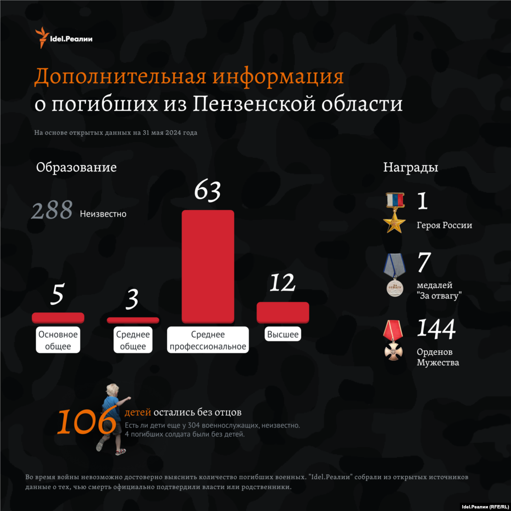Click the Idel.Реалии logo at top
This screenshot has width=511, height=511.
pyautogui.click(x=63, y=38)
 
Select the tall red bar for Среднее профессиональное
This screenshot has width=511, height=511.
pyautogui.click(x=208, y=267)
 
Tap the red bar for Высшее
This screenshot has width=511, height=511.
pyautogui.click(x=283, y=312)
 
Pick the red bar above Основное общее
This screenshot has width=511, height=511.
pyautogui.click(x=58, y=318)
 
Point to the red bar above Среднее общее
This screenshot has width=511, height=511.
pyautogui.click(x=133, y=320)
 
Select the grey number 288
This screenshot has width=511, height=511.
pyautogui.click(x=52, y=211)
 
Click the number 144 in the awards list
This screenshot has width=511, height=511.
pyautogui.click(x=436, y=328)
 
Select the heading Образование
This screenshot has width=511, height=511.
pyautogui.click(x=76, y=167)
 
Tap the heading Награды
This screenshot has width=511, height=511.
pyautogui.click(x=411, y=167)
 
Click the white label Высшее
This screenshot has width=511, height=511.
pyautogui.click(x=283, y=334)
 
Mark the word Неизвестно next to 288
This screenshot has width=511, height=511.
pyautogui.click(x=103, y=214)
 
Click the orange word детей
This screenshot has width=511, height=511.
pyautogui.click(x=137, y=413)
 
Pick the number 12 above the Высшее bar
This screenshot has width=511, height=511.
pyautogui.click(x=282, y=283)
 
